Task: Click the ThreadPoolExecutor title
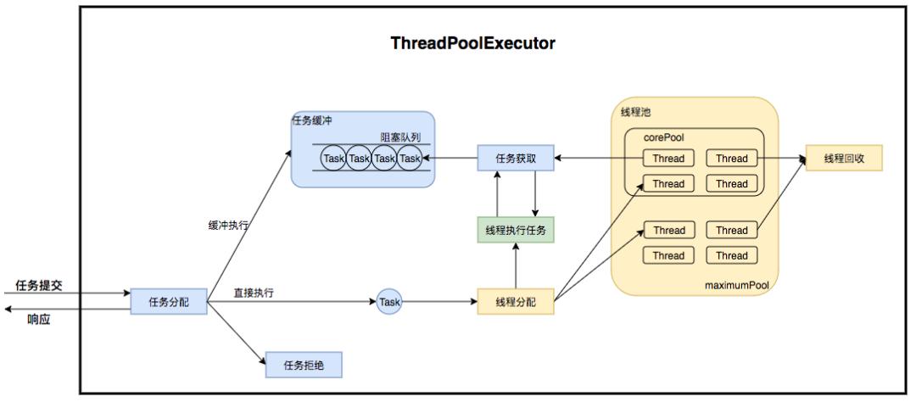pos(472,43)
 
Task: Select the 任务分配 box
pos(170,302)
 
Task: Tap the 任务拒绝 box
pos(304,365)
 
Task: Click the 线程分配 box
pos(515,302)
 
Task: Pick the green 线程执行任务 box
pos(515,230)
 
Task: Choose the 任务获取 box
pos(515,158)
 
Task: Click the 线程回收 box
pos(845,158)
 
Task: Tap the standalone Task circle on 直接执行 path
pos(389,302)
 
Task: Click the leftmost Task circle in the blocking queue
pos(333,159)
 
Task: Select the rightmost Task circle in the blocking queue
pos(410,159)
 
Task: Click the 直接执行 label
pos(254,293)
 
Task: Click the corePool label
pos(663,137)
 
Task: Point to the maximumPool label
pos(736,286)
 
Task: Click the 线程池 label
pos(636,112)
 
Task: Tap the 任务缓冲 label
pos(312,120)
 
